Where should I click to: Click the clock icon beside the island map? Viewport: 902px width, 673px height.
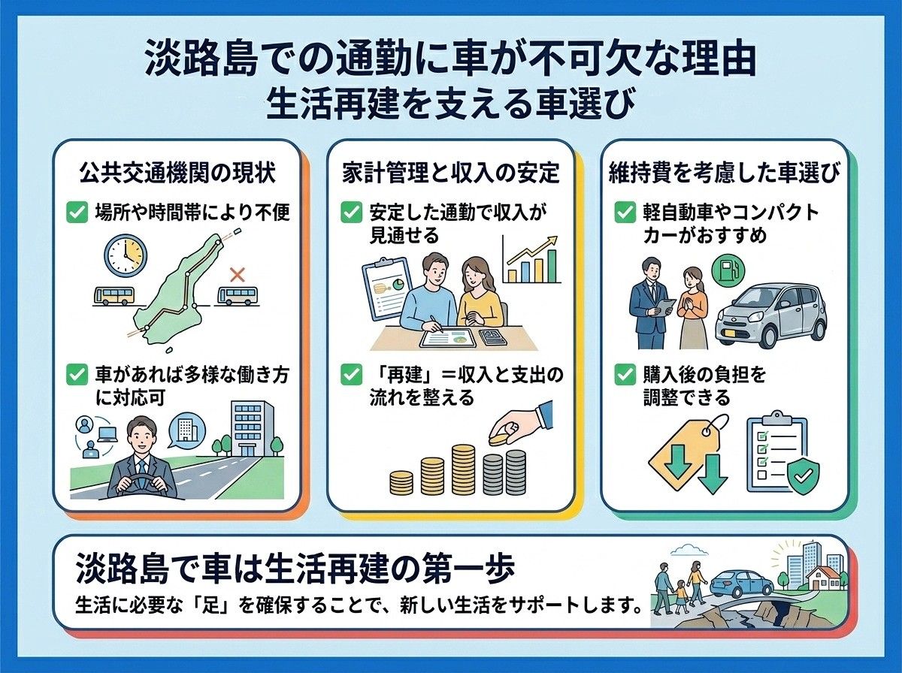[126, 256]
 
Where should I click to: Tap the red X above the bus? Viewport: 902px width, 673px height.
[237, 275]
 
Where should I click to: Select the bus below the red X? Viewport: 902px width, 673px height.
[237, 296]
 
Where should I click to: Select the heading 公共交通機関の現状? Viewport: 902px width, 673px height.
[177, 173]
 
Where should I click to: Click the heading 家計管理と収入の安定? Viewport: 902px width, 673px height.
[451, 173]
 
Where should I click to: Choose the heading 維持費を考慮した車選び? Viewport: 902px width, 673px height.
[725, 173]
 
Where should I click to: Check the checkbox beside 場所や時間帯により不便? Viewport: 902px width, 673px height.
[77, 213]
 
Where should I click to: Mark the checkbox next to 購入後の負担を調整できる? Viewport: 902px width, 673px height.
[625, 375]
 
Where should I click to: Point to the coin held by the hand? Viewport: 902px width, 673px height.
[498, 439]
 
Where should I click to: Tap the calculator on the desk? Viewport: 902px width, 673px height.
[495, 338]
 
